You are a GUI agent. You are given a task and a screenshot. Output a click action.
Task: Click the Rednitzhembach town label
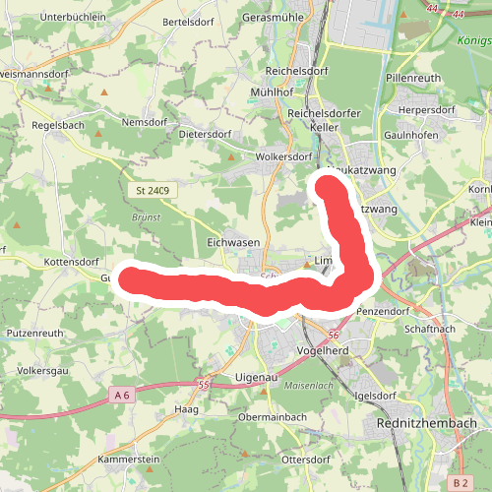427,423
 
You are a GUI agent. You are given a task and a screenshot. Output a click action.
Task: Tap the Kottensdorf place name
72,263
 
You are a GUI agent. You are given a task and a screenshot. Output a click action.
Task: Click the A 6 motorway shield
122,395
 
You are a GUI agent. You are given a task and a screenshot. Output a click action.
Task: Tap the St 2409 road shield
152,190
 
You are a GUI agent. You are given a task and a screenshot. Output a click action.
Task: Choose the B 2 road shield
461,482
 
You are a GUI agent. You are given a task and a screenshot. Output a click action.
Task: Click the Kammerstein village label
129,460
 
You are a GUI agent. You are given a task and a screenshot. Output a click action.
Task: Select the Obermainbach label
273,417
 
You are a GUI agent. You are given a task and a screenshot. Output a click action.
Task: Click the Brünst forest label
146,217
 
